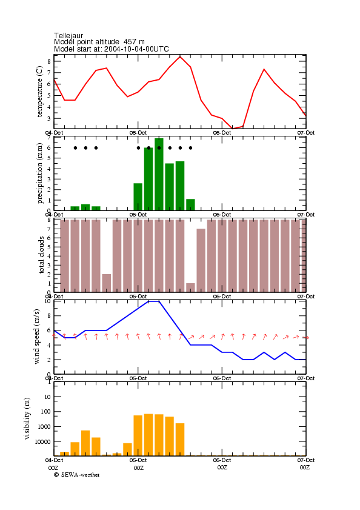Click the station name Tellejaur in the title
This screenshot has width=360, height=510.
68,35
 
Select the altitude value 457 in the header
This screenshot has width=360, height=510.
130,42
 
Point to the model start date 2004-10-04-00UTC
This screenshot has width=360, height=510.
136,49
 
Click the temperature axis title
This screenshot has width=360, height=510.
39,92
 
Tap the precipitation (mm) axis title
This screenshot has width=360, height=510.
39,173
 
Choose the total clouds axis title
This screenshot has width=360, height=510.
41,255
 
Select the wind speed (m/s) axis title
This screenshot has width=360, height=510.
36,337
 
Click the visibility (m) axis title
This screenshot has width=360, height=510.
27,418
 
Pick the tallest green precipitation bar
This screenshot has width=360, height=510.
159,174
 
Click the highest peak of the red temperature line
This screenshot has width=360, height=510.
180,56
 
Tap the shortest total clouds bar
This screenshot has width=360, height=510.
190,287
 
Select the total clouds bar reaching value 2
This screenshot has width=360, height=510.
106,283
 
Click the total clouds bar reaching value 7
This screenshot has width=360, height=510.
201,260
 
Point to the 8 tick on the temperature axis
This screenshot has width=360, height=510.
49,61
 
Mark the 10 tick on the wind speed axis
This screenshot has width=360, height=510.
48,301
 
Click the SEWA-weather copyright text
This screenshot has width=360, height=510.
77,475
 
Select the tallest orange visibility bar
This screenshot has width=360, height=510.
148,435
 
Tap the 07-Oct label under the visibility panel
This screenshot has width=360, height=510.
305,460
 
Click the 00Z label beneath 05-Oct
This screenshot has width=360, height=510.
139,468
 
